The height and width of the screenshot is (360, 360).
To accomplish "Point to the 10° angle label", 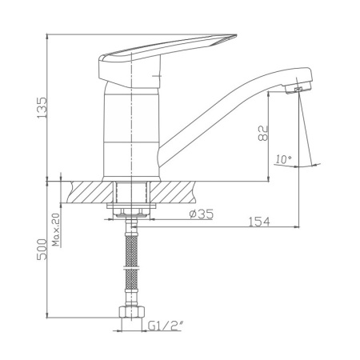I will click(x=282, y=159).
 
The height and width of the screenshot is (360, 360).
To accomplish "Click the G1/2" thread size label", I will click(x=166, y=326).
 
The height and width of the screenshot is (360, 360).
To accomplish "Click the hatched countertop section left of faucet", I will click(x=90, y=193).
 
